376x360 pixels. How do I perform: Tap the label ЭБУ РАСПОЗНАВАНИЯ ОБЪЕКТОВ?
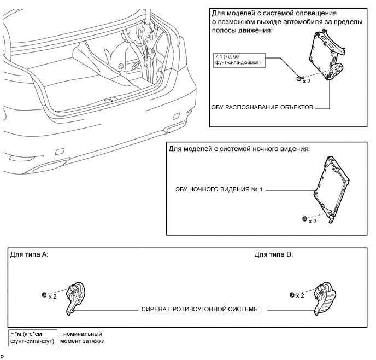[x=262, y=108]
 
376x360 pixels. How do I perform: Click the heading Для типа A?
[x=29, y=255]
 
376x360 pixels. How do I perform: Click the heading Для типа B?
[x=274, y=255]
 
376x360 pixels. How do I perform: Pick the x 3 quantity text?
[x=313, y=222]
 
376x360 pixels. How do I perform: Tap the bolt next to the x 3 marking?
[x=304, y=219]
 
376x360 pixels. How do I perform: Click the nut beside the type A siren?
[x=44, y=295]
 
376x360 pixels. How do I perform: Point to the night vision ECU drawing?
[x=331, y=186]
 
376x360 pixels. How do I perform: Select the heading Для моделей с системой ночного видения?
[x=239, y=149]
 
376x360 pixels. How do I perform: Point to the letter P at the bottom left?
[x=3, y=357]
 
